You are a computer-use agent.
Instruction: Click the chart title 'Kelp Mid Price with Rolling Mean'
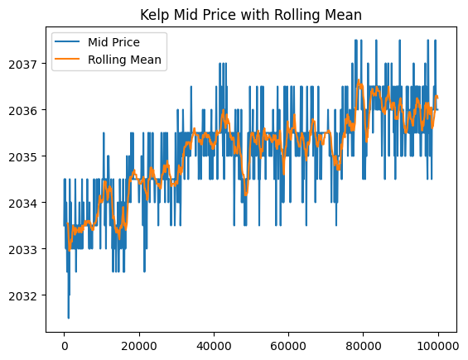click(x=252, y=14)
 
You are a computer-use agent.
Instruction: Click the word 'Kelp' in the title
click(x=156, y=14)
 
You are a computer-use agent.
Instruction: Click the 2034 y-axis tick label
click(x=25, y=203)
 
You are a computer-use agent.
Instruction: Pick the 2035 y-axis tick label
click(x=25, y=156)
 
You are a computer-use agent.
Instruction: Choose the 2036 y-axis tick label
click(x=25, y=110)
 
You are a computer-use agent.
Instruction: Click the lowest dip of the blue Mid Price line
click(x=69, y=317)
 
